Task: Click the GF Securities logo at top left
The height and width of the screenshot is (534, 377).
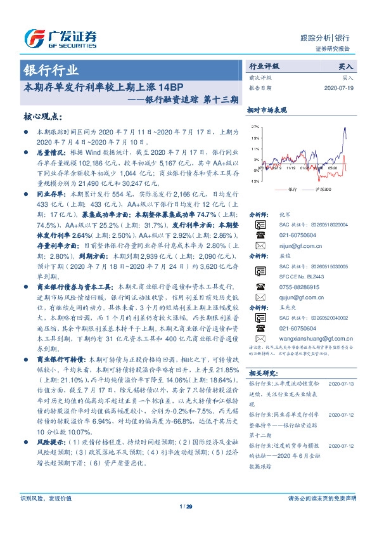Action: click(x=60, y=39)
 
